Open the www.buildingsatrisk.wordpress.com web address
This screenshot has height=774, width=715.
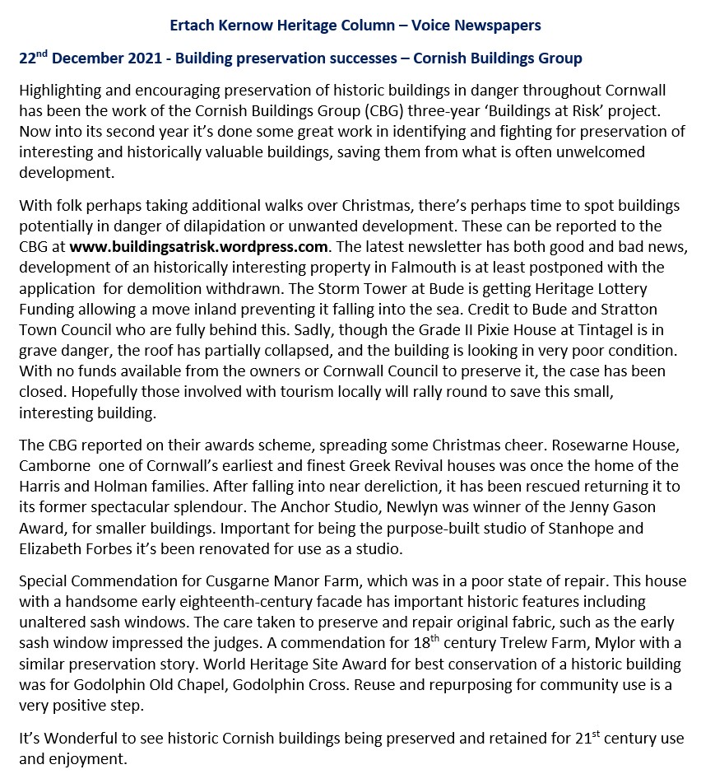coord(199,246)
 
